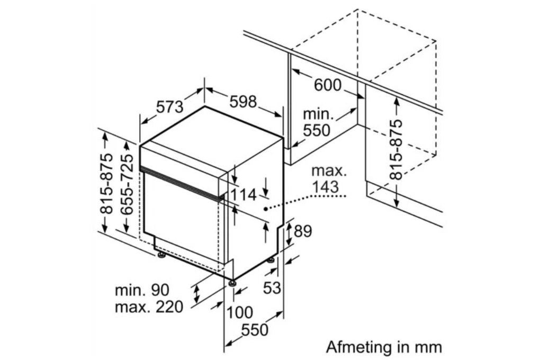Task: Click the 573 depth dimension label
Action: [x=169, y=106]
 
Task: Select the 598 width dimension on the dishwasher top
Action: [x=242, y=102]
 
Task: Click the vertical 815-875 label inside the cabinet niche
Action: [x=396, y=149]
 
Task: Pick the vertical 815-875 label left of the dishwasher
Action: [x=107, y=184]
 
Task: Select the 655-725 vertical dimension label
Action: [x=126, y=184]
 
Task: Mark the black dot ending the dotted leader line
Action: [x=266, y=209]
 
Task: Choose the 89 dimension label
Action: [x=303, y=231]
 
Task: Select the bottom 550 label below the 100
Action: [x=255, y=330]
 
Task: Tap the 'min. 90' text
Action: [x=142, y=290]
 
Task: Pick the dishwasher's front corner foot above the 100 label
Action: [x=232, y=282]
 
